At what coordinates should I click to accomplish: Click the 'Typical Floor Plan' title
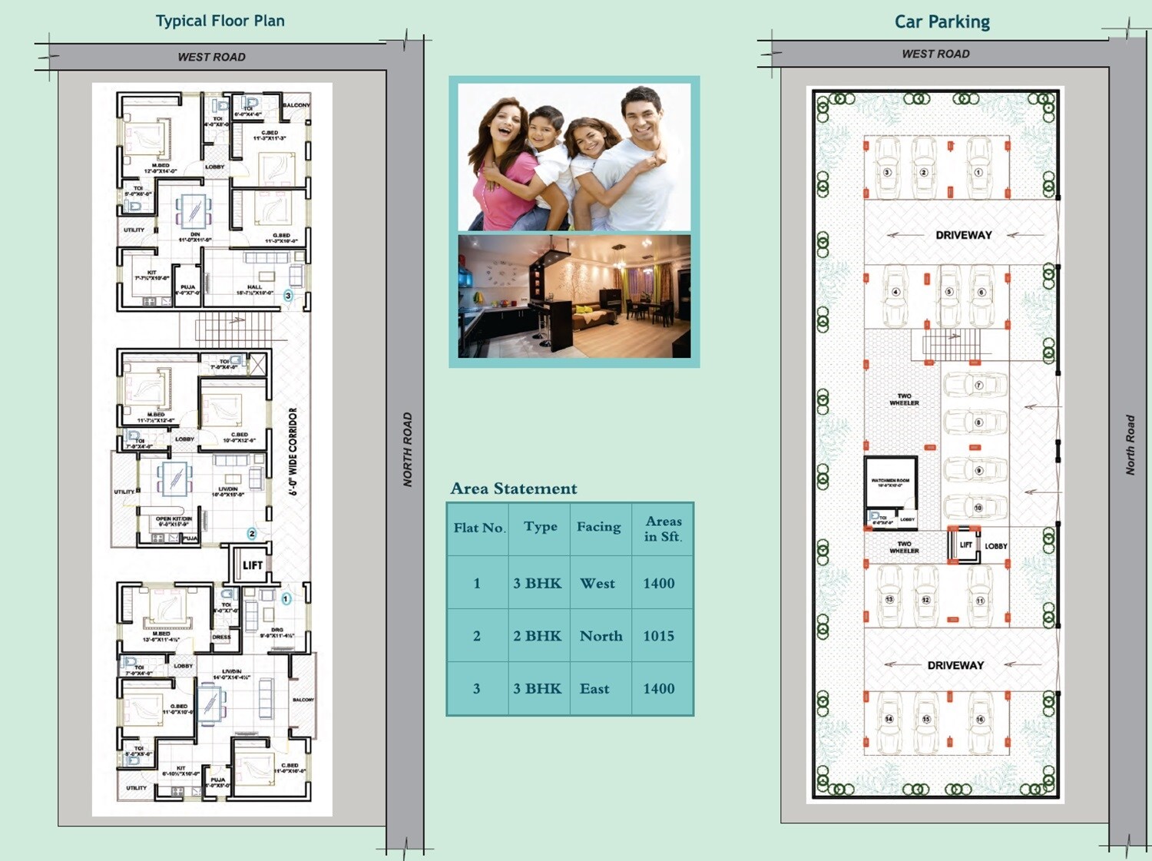(220, 21)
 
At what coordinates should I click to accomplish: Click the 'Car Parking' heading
(942, 22)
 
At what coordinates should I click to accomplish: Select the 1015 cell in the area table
(658, 636)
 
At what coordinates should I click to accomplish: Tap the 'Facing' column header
(598, 527)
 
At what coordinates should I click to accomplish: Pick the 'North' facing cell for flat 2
(601, 636)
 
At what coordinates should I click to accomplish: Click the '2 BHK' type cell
(537, 636)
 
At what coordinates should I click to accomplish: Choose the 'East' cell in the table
(594, 689)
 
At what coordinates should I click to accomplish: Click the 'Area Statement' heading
(513, 488)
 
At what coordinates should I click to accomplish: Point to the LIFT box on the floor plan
(252, 565)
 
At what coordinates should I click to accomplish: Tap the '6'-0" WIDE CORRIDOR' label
(293, 452)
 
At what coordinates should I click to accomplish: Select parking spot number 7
(978, 385)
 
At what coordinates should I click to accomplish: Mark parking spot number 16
(979, 720)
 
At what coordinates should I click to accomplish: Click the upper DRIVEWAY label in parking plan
(963, 235)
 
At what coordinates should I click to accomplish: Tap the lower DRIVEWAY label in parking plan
(955, 665)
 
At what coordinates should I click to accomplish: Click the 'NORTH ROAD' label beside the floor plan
(408, 449)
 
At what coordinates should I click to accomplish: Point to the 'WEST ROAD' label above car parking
(935, 54)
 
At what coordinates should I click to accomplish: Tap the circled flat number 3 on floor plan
(288, 296)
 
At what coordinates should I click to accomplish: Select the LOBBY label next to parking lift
(995, 546)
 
